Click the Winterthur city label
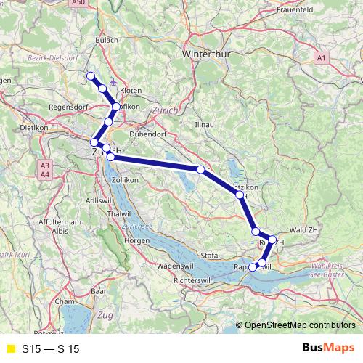tap(205, 54)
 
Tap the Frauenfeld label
tap(293, 11)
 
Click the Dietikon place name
tap(34, 126)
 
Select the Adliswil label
tap(97, 199)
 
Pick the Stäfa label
tap(209, 255)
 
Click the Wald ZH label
tap(304, 229)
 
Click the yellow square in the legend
tap(10, 349)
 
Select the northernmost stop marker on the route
tap(91, 76)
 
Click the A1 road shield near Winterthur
tap(322, 57)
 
